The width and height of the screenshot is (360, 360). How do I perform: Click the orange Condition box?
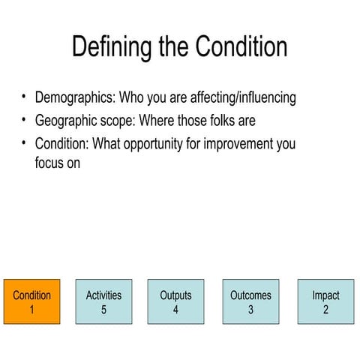[32, 302]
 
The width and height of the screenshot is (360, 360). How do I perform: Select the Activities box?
[103, 302]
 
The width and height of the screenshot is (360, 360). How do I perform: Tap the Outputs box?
[175, 302]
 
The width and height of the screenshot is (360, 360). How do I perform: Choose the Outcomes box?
[250, 302]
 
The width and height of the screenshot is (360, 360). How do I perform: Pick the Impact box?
[325, 302]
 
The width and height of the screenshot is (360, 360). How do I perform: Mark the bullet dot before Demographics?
[23, 97]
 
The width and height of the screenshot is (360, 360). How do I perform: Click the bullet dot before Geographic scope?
[23, 120]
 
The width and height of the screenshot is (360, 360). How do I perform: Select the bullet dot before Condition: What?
[23, 142]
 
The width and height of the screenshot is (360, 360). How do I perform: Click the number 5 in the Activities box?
[103, 310]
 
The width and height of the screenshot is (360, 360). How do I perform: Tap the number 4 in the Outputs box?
[175, 310]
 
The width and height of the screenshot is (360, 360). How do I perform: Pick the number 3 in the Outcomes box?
[250, 310]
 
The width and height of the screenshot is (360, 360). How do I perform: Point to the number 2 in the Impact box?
[325, 310]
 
